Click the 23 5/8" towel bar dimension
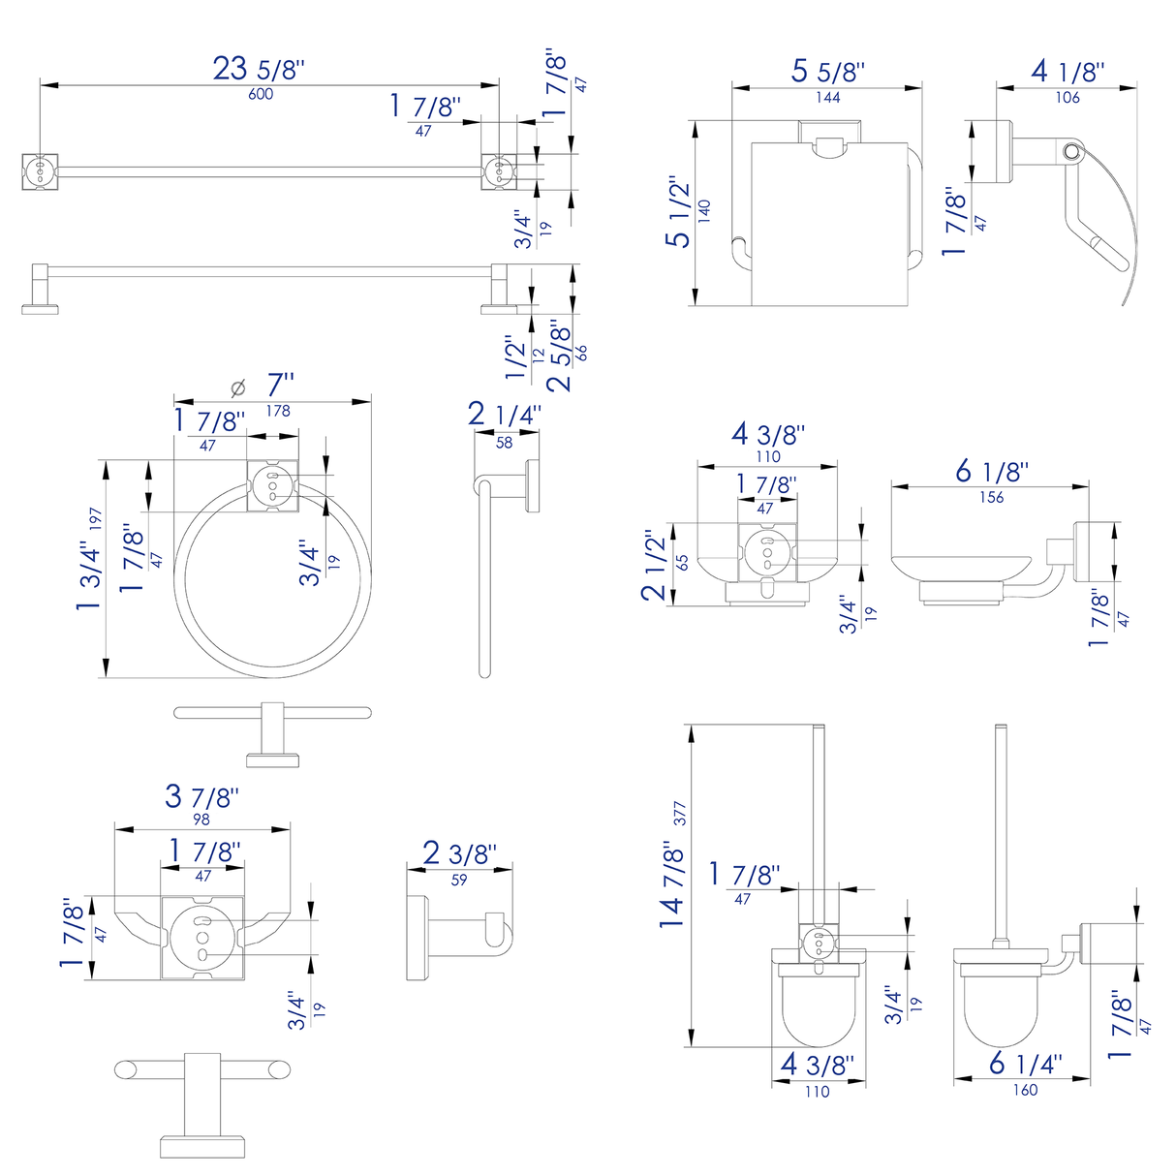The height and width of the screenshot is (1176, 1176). tap(259, 69)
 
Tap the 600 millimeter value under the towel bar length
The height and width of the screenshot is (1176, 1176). tap(261, 94)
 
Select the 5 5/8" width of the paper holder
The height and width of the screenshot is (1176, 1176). tap(827, 72)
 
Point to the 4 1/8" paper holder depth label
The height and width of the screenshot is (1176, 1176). tap(1068, 72)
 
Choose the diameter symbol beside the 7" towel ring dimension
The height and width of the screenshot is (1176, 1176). tap(238, 387)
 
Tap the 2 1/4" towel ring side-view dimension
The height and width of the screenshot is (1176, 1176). tap(504, 416)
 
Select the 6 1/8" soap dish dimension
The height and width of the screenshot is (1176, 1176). tap(991, 472)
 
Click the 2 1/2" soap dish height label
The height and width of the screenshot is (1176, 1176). tap(655, 565)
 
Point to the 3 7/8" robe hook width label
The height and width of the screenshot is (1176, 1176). tap(201, 796)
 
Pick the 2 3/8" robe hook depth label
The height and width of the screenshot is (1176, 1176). tap(459, 854)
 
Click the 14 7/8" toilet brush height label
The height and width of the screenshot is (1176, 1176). tap(672, 884)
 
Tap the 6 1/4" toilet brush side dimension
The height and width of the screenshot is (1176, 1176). tap(1025, 1064)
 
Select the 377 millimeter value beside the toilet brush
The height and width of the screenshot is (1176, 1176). tap(680, 814)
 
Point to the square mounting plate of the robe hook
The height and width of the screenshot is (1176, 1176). tap(201, 938)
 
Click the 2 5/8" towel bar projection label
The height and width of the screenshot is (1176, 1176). tap(560, 356)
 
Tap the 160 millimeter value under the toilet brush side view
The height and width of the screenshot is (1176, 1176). tap(1025, 1090)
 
